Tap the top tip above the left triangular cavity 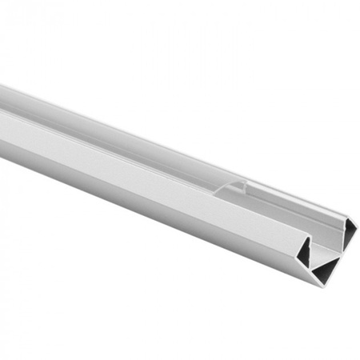pos(311,235)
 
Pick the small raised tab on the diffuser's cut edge pos(238,184)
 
